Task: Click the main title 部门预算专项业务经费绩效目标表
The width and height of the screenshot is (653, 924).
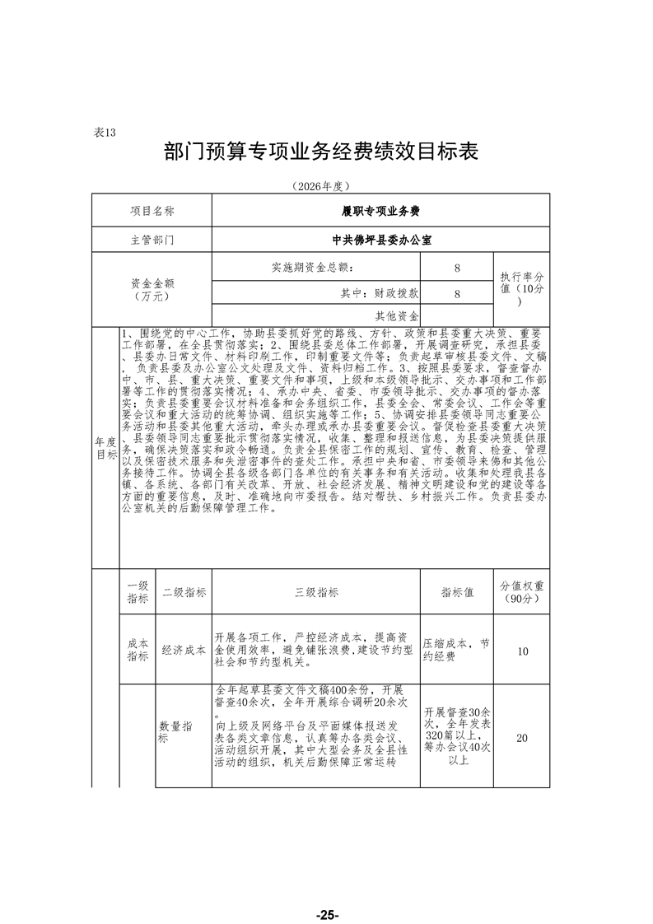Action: (x=321, y=152)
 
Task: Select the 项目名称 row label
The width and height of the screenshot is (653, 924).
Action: (x=152, y=211)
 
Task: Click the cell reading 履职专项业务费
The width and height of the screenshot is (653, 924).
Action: (x=380, y=211)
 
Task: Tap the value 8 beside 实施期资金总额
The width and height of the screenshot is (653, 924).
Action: (x=456, y=268)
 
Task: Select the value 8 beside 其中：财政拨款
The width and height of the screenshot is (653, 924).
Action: (x=456, y=292)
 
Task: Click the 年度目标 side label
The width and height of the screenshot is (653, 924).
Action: (x=105, y=447)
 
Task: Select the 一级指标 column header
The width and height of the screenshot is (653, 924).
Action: (x=138, y=592)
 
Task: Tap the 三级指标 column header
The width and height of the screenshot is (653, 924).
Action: (x=315, y=592)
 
